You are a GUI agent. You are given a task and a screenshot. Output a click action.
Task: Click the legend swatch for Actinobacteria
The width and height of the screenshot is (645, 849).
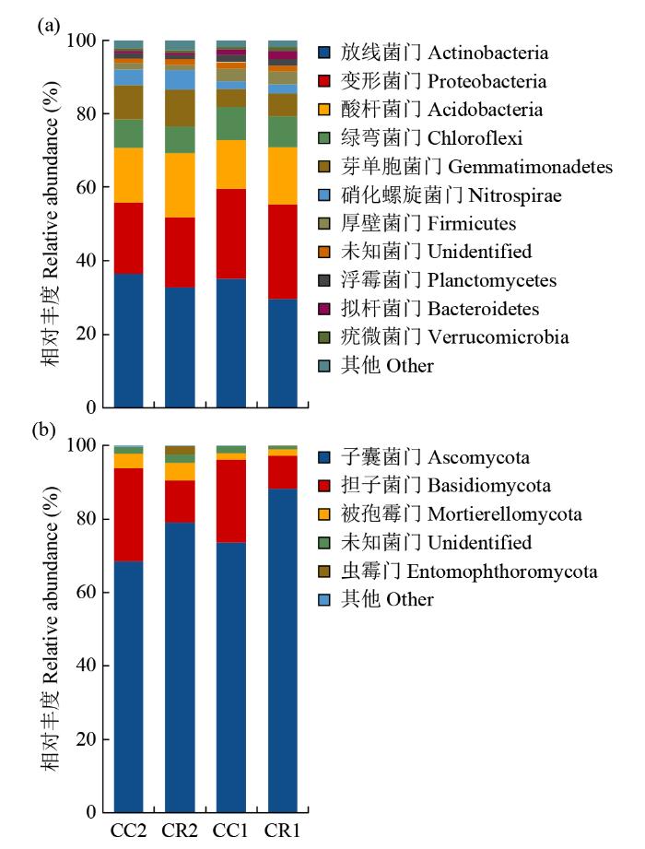click(324, 53)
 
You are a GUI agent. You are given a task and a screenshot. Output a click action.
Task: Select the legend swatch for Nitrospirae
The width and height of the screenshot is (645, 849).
click(324, 195)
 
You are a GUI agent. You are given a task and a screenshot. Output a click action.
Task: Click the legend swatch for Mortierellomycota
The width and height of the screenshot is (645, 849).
click(324, 513)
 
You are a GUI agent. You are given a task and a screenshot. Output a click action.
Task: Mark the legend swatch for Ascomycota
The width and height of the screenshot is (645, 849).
click(324, 456)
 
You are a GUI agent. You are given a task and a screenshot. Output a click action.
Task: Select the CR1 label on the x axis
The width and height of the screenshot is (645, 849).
click(283, 830)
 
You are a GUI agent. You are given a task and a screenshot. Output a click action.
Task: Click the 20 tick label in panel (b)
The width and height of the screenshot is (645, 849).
click(86, 739)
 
